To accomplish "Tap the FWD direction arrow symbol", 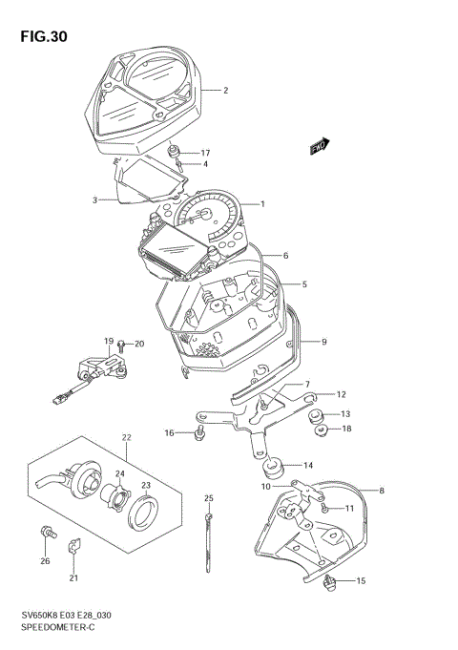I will click(319, 146).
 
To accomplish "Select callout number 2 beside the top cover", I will click(225, 91).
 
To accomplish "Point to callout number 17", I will click(204, 153).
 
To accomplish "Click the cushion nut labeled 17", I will click(175, 150).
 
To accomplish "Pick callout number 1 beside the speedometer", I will click(262, 203).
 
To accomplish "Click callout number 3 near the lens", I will click(95, 200).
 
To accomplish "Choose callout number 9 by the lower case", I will click(324, 341).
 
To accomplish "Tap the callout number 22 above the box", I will click(125, 438).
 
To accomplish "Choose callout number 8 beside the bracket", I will click(382, 492).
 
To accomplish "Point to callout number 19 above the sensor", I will click(110, 342).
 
